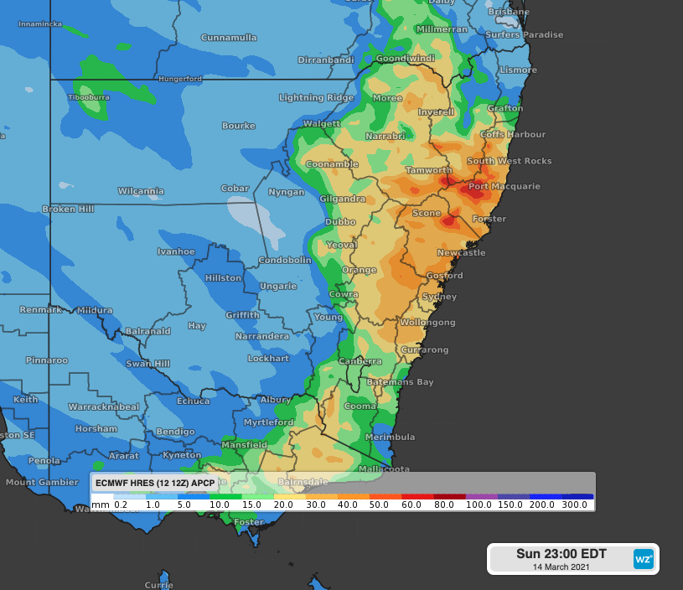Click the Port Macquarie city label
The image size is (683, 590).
click(x=504, y=186)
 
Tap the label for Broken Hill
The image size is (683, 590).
click(x=68, y=209)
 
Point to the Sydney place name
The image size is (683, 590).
click(x=439, y=297)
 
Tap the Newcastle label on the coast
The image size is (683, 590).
click(x=461, y=252)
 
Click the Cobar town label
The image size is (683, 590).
click(x=235, y=189)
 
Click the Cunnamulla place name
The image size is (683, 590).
click(x=228, y=38)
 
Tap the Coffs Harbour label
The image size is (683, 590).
click(x=513, y=134)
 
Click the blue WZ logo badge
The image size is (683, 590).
click(x=643, y=558)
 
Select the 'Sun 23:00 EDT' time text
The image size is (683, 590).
click(x=561, y=554)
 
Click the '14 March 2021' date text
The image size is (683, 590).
click(x=561, y=567)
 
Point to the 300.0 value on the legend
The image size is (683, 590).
click(x=574, y=505)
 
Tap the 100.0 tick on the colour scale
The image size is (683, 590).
click(x=479, y=505)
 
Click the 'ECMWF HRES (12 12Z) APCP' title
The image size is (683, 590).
click(x=155, y=483)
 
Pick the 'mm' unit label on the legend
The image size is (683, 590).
click(x=101, y=505)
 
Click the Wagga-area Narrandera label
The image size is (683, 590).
click(x=261, y=336)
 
